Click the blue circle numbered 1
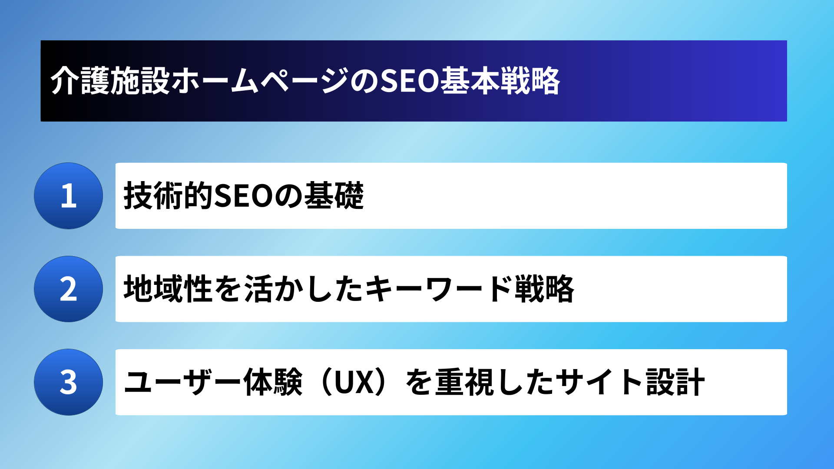coord(69,196)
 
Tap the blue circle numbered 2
coord(69,289)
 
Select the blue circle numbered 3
coord(69,382)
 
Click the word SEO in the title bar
coord(410,81)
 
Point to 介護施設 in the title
coord(110,81)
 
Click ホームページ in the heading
coord(260,81)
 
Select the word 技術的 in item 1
coord(169,196)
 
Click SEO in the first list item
coord(244,196)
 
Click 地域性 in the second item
coord(169,289)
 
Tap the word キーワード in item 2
coord(439,289)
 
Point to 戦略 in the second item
coord(544,289)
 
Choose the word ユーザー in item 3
coord(183,382)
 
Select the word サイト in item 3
coord(600,382)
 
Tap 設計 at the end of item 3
coord(675,382)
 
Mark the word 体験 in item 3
coord(273,382)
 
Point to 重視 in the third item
coord(465,382)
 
